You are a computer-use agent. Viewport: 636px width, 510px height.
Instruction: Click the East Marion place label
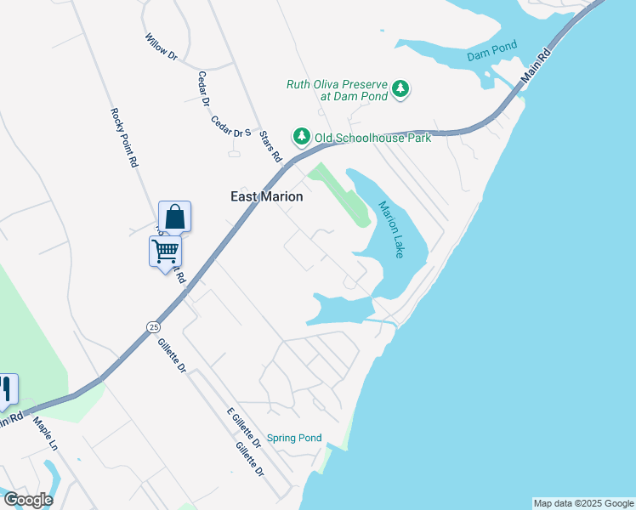click(267, 196)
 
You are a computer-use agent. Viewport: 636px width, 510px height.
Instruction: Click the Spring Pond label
click(294, 439)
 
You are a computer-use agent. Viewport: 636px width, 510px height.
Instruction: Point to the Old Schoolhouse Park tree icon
click(301, 136)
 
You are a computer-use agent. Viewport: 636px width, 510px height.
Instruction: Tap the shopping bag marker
click(174, 218)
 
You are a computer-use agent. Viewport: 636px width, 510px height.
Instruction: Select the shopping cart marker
click(165, 251)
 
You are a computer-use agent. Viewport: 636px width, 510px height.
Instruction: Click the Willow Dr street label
click(161, 47)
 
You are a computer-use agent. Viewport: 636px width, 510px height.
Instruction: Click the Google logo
click(28, 500)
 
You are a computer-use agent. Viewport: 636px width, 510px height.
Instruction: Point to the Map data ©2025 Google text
click(583, 503)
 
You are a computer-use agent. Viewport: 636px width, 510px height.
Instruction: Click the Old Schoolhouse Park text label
click(372, 137)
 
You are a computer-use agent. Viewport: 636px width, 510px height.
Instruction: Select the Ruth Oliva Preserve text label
click(337, 89)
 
